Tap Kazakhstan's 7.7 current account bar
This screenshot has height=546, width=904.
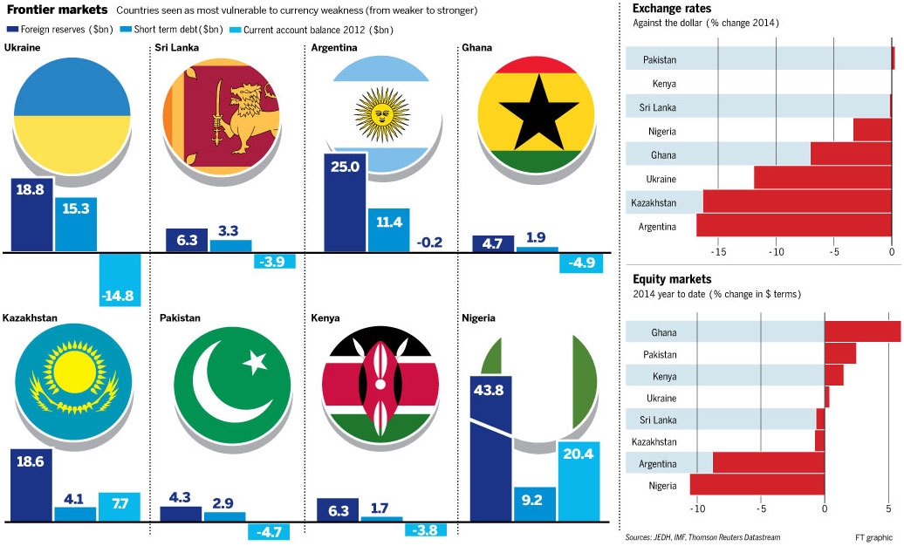point(119,507)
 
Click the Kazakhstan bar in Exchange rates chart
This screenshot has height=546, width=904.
point(798,202)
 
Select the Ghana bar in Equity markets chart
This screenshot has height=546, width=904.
point(862,332)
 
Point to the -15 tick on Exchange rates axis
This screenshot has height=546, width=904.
point(718,251)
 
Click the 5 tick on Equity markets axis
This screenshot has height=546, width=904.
point(888,508)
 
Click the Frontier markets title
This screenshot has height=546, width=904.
point(57,10)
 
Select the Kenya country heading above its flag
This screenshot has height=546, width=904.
point(325,318)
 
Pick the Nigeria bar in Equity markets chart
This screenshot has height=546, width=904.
point(757,485)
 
